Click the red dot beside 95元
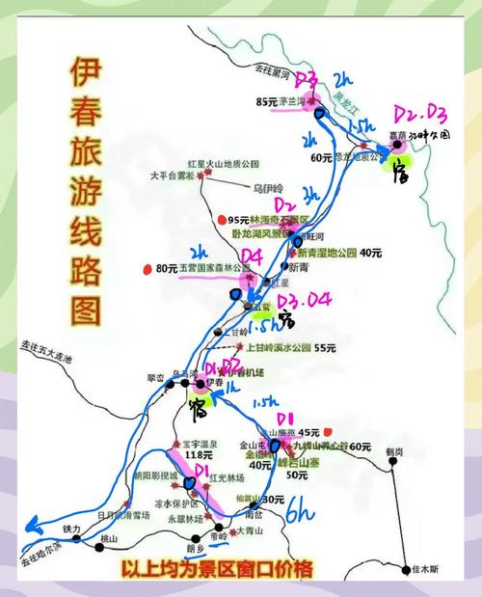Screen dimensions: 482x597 tap(221, 218)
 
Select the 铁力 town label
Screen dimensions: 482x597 tap(72, 529)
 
